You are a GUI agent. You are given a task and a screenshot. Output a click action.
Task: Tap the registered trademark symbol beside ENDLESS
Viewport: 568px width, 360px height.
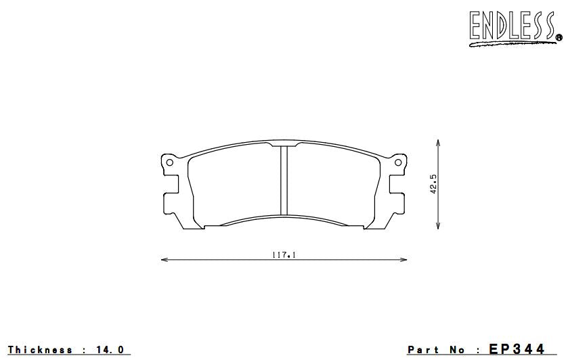point(559,38)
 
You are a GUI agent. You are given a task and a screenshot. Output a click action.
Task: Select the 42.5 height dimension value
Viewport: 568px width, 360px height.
point(433,185)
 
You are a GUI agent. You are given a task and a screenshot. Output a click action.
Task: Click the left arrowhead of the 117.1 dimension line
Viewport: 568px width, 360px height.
point(163,259)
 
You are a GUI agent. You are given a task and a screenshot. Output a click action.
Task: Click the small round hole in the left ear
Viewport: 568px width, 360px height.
point(170,162)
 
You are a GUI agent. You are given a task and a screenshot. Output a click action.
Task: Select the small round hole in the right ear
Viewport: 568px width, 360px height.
point(397,162)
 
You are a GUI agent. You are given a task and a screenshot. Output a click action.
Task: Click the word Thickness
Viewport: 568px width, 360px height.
point(40,350)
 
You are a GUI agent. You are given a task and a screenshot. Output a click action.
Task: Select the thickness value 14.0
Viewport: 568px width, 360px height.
point(111,350)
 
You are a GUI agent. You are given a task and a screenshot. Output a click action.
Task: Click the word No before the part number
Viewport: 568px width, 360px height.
point(458,350)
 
